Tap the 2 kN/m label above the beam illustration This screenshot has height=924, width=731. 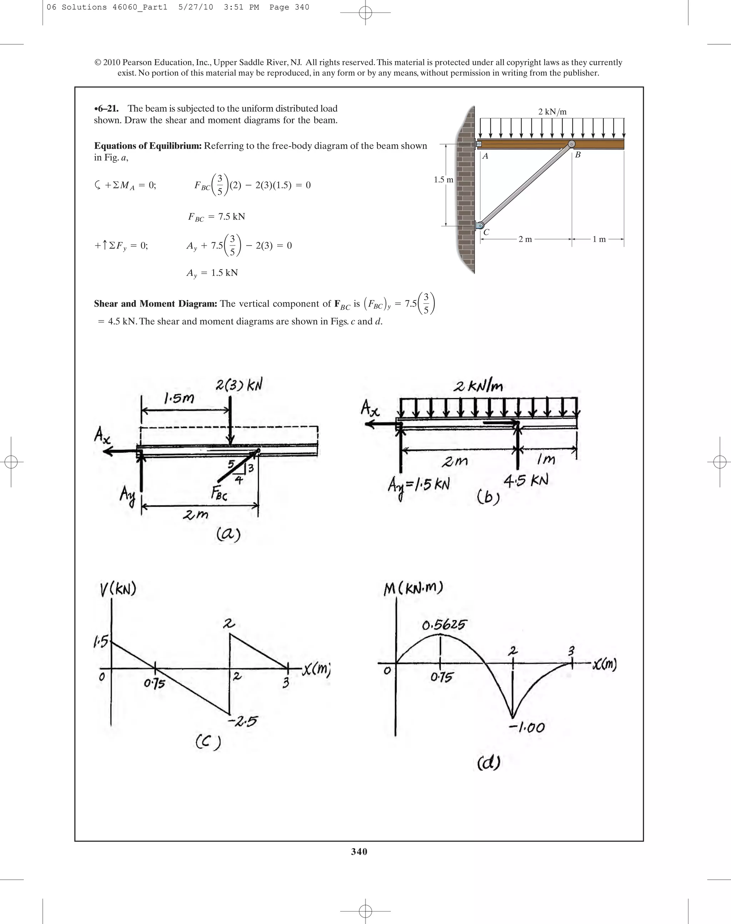click(552, 112)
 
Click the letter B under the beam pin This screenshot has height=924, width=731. click(578, 155)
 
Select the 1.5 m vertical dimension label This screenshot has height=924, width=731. click(443, 180)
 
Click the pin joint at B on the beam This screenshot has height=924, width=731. click(571, 144)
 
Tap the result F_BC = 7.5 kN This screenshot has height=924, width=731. click(217, 217)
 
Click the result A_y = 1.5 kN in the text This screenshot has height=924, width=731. click(212, 273)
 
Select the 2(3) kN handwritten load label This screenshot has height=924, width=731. click(238, 385)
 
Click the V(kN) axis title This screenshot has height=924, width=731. click(118, 590)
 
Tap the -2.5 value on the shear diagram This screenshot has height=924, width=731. click(243, 722)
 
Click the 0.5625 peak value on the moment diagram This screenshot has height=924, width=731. click(443, 625)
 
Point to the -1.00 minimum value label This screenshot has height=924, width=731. click(527, 727)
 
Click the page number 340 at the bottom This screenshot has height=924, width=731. click(359, 852)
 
